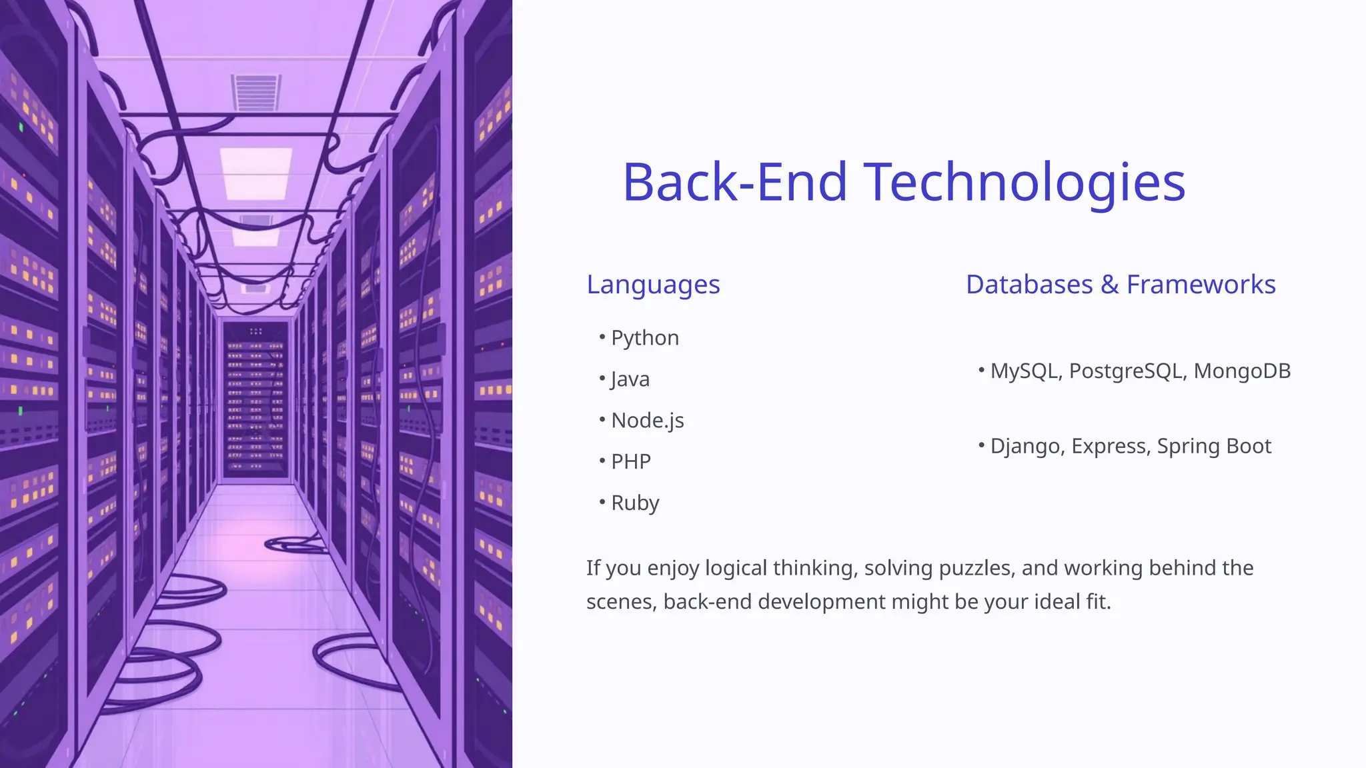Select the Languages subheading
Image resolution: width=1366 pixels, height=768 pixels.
(653, 285)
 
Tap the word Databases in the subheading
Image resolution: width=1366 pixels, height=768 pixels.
(1029, 285)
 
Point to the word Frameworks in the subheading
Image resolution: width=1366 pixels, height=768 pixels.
(1201, 285)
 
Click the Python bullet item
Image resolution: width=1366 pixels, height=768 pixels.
(644, 338)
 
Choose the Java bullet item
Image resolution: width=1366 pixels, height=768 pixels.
(630, 379)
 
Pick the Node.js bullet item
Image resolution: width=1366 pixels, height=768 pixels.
(647, 421)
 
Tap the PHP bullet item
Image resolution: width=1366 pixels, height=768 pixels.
(630, 461)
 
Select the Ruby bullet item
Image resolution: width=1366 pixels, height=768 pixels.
(634, 503)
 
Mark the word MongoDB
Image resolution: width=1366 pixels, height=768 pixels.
(1242, 371)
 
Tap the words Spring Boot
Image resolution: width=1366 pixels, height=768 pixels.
(1214, 446)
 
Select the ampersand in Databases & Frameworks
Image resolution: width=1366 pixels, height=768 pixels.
(1109, 285)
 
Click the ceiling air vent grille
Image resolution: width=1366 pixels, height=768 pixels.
(255, 92)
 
